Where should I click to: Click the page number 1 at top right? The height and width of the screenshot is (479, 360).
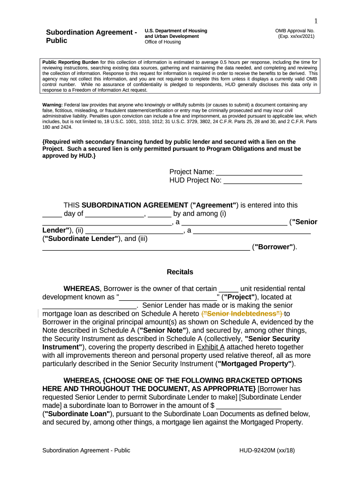[x=316, y=21]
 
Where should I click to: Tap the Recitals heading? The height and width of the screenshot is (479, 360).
[x=180, y=272]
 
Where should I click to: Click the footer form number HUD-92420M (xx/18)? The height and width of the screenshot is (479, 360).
[x=267, y=450]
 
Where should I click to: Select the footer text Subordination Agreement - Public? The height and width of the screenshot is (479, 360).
[x=86, y=450]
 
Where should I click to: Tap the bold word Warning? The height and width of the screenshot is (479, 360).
[x=53, y=105]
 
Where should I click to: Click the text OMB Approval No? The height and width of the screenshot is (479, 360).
[x=295, y=31]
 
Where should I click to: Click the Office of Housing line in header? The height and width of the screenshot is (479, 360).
[x=163, y=42]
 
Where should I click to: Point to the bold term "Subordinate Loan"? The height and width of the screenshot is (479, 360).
[x=77, y=414]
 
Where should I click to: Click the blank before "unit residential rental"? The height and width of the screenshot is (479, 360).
[x=229, y=289]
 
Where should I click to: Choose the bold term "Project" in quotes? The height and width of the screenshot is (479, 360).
[x=238, y=297]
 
